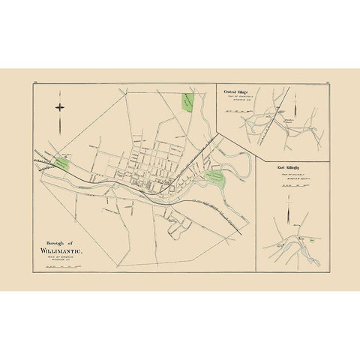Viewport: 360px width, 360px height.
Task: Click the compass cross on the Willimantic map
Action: (61, 107)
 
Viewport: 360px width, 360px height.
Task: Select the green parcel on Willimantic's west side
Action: (62, 162)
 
